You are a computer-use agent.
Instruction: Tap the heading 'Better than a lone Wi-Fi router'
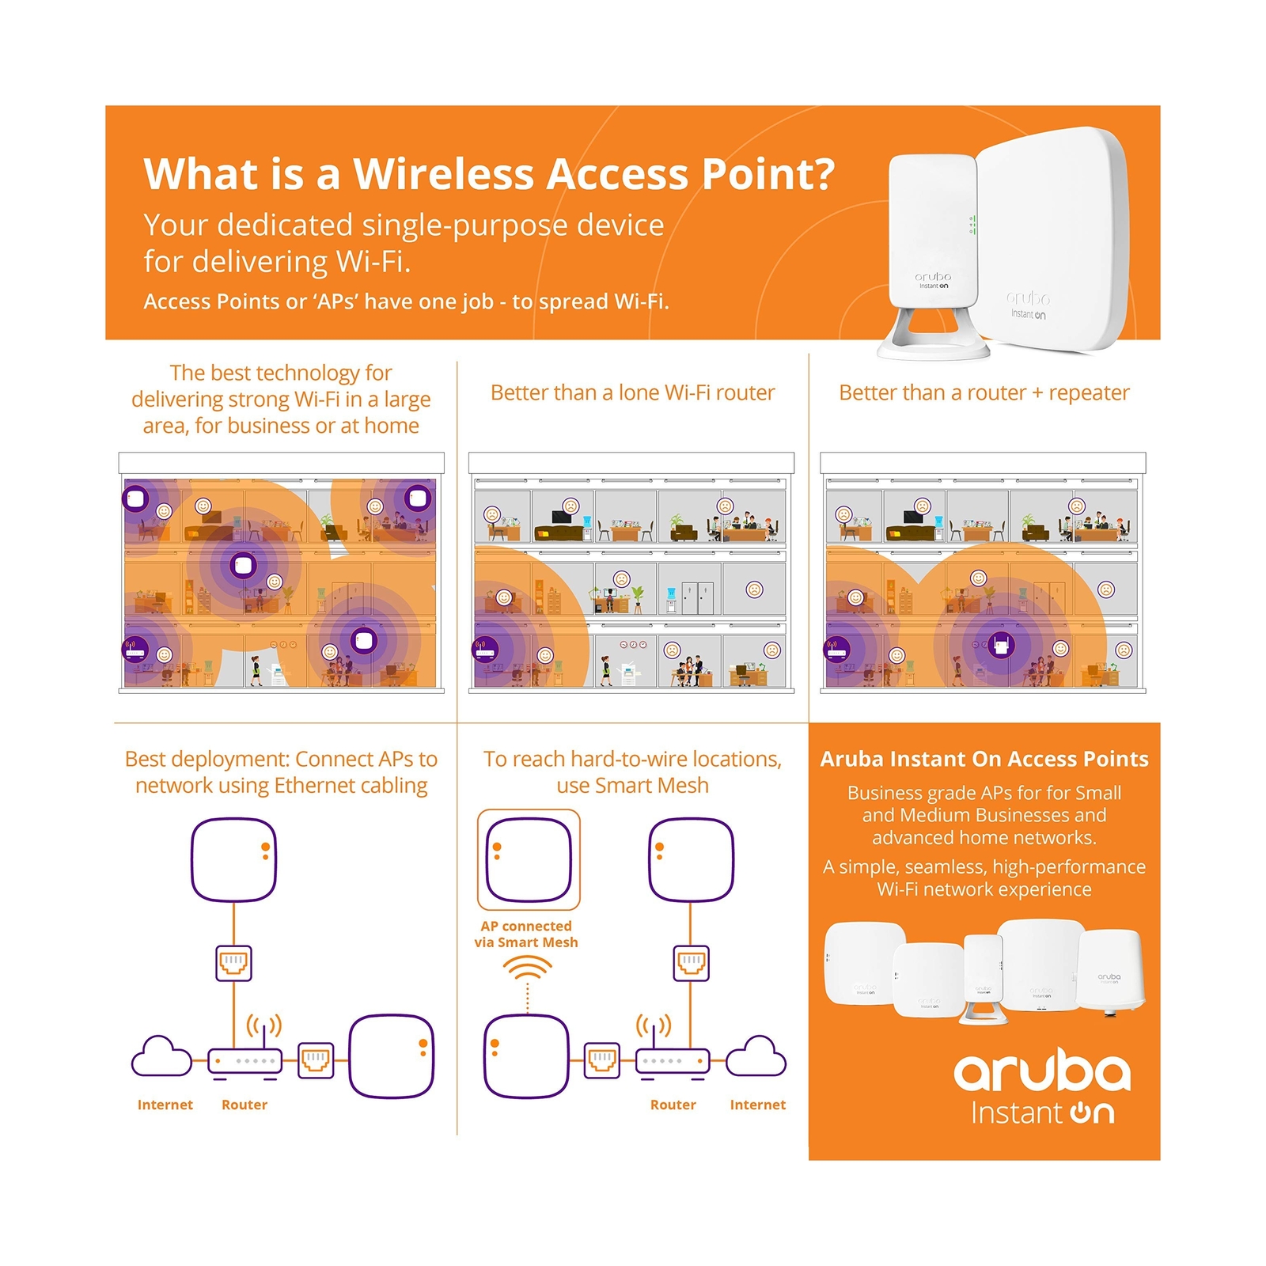click(x=632, y=392)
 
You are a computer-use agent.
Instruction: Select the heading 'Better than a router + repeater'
click(x=984, y=392)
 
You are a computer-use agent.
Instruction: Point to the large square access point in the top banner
click(x=1052, y=237)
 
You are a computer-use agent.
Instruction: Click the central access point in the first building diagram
click(x=242, y=565)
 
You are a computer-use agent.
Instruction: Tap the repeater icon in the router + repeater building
click(x=1001, y=646)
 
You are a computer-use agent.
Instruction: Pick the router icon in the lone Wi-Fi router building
click(x=484, y=650)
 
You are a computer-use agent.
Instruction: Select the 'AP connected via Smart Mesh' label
click(x=526, y=934)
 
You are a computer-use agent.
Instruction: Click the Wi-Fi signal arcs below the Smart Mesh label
click(x=527, y=968)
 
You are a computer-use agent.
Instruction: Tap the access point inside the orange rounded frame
click(x=529, y=860)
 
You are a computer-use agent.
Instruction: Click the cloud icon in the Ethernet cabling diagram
click(x=161, y=1057)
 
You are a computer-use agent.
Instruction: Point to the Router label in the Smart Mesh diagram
click(x=673, y=1105)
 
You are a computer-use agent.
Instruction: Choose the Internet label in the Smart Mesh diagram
click(x=757, y=1105)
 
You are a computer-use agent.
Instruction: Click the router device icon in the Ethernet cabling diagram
click(x=244, y=1060)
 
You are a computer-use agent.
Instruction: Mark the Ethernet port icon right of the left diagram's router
click(x=316, y=1060)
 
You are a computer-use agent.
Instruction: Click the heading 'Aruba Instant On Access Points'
click(x=984, y=759)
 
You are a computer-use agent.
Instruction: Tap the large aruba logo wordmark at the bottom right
click(x=1041, y=1072)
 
